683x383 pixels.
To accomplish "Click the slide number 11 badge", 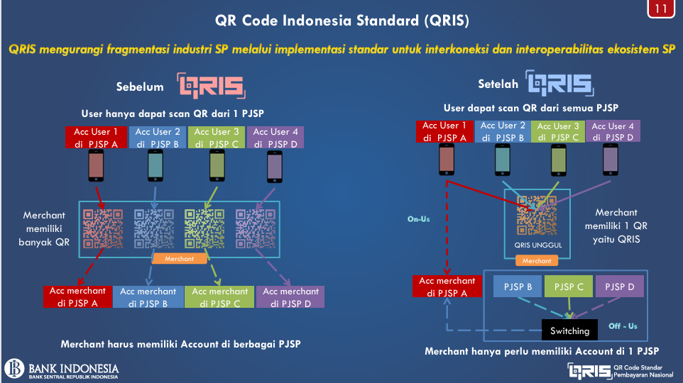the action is pos(661,9).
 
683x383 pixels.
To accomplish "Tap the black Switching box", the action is pos(569,331).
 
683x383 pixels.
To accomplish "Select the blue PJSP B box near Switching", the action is pos(518,287).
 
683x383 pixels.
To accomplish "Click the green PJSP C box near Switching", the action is pos(569,287).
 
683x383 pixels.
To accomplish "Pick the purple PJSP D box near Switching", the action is pos(619,287).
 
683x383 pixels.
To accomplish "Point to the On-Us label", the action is pos(419,219).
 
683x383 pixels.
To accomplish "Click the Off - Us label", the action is pos(623,326).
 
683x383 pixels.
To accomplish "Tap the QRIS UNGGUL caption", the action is pos(538,245).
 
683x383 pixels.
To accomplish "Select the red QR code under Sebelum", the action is pos(103,229).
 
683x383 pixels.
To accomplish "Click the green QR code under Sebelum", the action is pos(204,229).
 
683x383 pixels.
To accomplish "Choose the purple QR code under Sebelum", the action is pos(256,229).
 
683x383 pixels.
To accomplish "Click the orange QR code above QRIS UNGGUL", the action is pos(537,216).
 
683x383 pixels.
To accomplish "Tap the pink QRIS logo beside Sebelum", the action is pos(212,85).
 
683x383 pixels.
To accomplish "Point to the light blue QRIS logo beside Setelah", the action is pos(559,83).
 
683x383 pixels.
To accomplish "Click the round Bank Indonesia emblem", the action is pos(14,368).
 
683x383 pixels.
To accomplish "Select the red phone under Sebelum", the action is pos(96,165).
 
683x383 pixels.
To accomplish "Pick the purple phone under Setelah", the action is pos(611,160).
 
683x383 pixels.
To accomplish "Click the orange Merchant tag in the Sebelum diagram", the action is pos(179,258).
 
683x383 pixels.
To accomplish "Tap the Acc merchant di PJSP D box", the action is pos(290,296).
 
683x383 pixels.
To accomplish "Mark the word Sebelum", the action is pos(140,87).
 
